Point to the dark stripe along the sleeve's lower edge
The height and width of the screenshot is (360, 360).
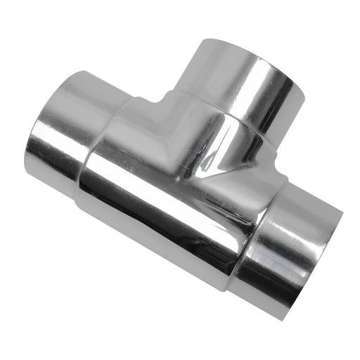click(162, 232)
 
